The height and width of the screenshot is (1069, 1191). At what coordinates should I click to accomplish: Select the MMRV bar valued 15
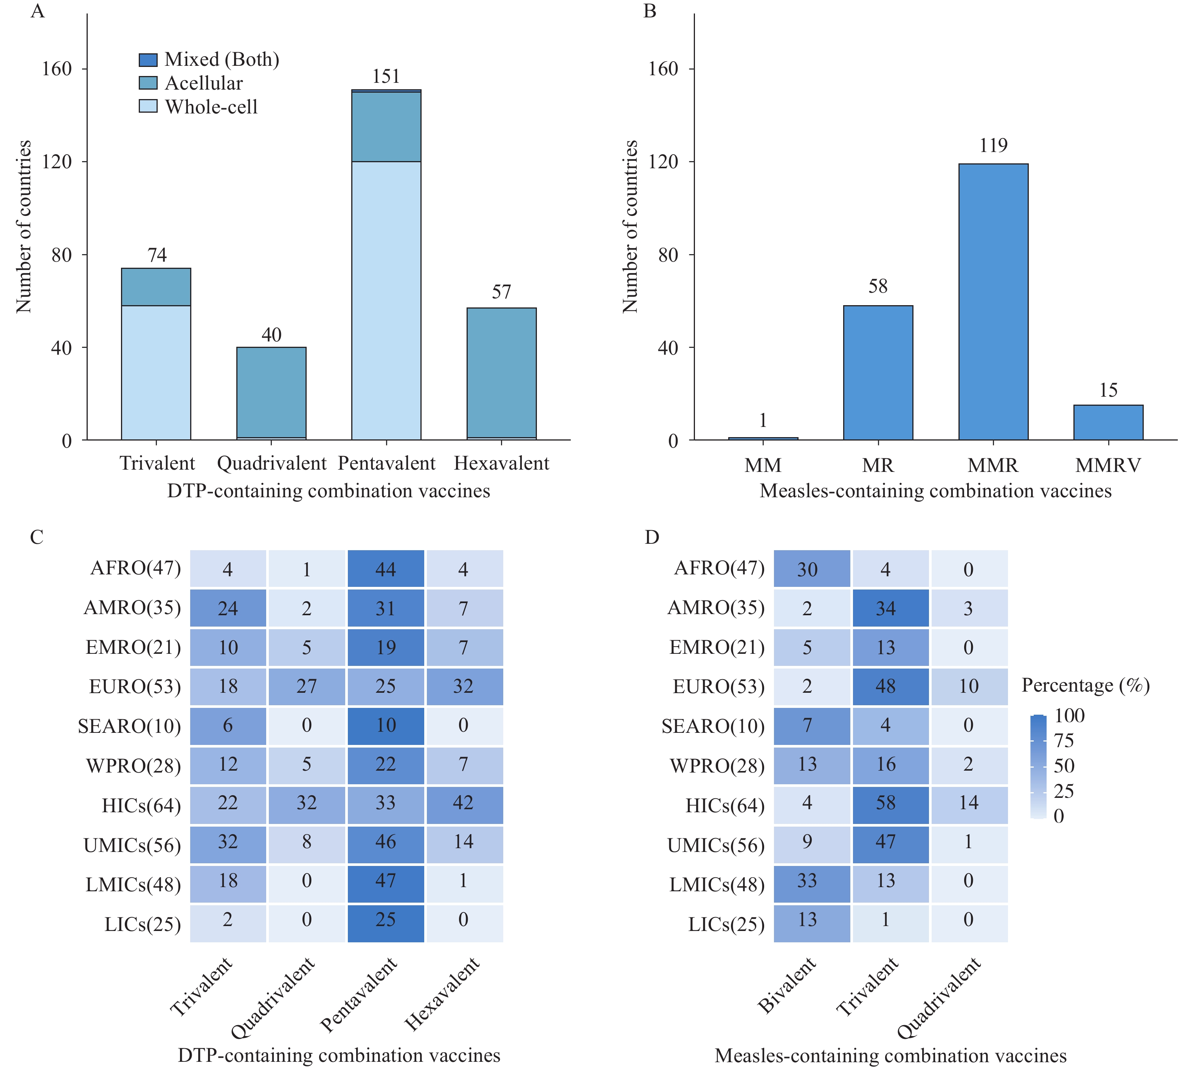[x=1108, y=422]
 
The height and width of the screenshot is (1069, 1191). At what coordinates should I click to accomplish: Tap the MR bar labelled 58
[x=878, y=372]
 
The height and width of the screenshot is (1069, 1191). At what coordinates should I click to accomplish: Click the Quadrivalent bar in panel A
[x=271, y=393]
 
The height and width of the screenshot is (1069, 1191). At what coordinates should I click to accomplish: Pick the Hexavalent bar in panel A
[x=501, y=374]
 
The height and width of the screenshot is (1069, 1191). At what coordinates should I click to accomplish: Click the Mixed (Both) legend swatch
[x=148, y=60]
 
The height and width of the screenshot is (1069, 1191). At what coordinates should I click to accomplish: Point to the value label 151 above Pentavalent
[x=386, y=76]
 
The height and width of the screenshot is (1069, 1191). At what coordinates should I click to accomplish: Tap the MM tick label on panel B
[x=763, y=465]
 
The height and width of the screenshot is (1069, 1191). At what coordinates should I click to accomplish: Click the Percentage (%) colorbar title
[x=1085, y=686]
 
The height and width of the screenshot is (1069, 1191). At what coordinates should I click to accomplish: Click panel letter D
[x=652, y=537]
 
